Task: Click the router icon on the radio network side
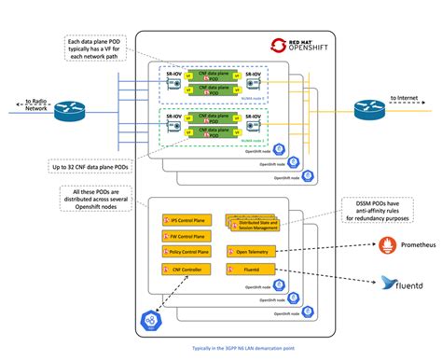point(68,109)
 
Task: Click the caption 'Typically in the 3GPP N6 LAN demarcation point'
point(220,344)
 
